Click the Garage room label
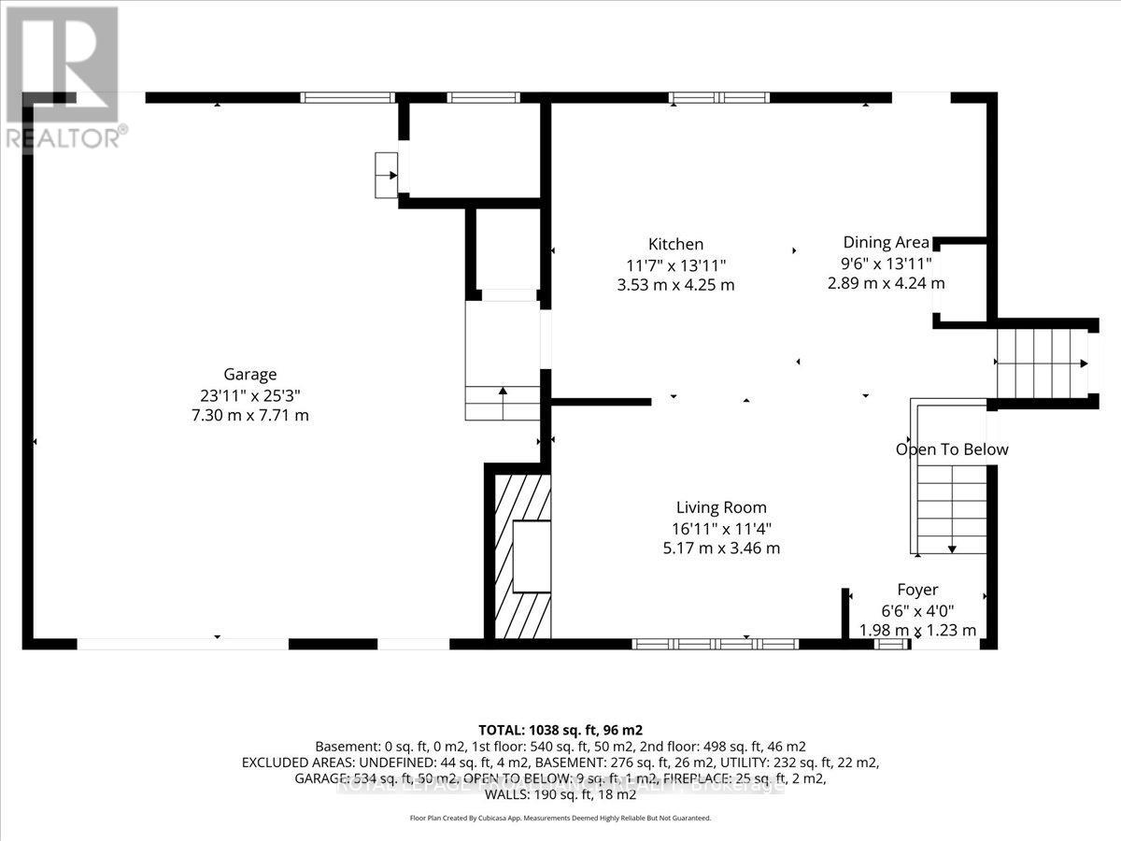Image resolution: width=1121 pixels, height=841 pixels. click(249, 375)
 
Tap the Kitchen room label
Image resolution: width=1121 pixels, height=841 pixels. click(676, 244)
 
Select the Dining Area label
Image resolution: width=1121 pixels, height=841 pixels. click(886, 242)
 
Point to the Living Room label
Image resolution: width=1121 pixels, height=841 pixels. click(721, 507)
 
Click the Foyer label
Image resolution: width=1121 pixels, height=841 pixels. click(917, 590)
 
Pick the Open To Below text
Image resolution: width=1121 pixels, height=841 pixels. click(952, 449)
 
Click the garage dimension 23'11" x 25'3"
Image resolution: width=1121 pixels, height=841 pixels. click(249, 395)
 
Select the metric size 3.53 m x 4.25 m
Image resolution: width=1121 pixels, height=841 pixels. click(676, 285)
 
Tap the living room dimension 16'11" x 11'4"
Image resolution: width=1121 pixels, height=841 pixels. click(721, 528)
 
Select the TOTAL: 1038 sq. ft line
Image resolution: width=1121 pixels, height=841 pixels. click(560, 729)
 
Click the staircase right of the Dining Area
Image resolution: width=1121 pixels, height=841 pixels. click(1041, 363)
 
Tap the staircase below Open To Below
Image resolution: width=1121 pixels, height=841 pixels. click(951, 509)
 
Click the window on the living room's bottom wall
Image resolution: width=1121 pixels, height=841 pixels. click(716, 644)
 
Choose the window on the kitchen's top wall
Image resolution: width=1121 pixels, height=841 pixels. click(719, 97)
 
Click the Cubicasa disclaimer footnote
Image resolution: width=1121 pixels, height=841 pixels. click(560, 818)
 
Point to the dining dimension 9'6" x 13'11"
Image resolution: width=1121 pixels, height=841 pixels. click(886, 263)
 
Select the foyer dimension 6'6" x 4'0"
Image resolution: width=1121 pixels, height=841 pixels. click(917, 610)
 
